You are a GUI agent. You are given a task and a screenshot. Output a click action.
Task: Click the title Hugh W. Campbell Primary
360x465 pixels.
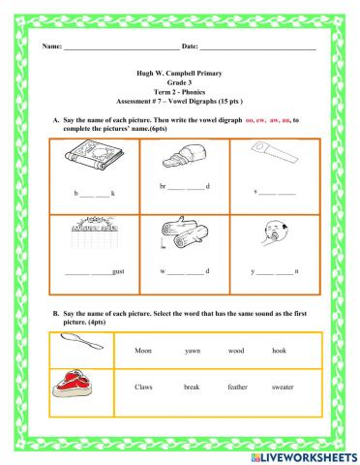(180, 74)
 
